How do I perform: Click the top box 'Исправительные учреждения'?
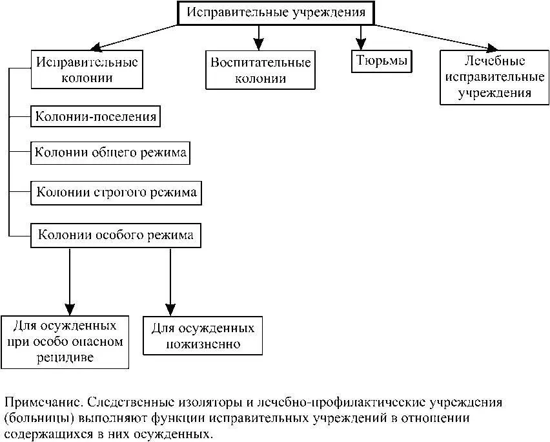[276, 13]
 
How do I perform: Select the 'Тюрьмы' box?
[383, 61]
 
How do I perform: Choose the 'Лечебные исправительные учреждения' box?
[494, 77]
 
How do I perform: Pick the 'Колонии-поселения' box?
[96, 117]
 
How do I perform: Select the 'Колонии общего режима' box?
[111, 153]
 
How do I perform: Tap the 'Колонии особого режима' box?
[116, 235]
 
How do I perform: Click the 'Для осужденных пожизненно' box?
[203, 335]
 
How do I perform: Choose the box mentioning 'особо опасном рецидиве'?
[65, 341]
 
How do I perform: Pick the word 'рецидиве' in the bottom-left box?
[65, 357]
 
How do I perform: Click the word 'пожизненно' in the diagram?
[203, 343]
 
